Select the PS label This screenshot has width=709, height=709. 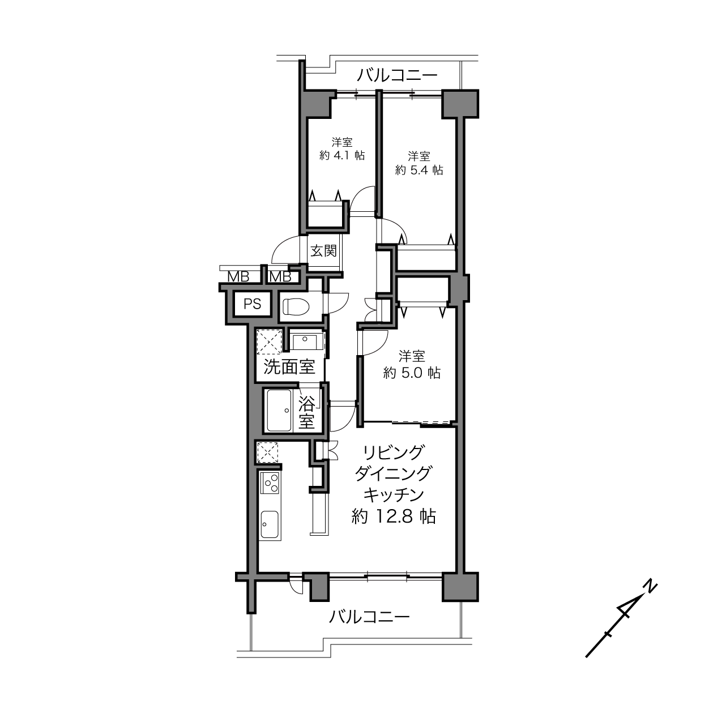[x=253, y=304]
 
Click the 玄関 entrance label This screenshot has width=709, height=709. [x=323, y=251]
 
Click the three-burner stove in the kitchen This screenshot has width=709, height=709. [x=270, y=482]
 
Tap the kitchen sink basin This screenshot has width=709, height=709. [x=270, y=524]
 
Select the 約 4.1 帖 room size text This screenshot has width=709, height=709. [x=342, y=155]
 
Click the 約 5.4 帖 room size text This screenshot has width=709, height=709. [x=418, y=170]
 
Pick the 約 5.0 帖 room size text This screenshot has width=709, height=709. [x=412, y=373]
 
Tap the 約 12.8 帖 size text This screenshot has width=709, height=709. [x=394, y=516]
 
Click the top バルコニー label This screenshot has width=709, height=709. [x=398, y=75]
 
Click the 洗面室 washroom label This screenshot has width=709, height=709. [x=289, y=367]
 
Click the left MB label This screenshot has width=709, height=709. [x=238, y=277]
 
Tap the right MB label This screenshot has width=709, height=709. [x=280, y=277]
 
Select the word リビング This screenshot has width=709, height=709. [x=394, y=452]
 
